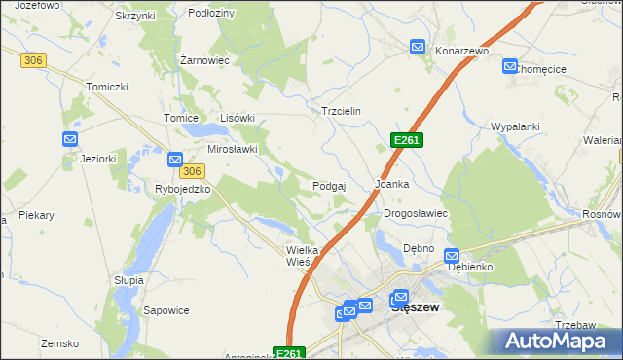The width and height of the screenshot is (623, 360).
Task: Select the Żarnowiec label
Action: coord(204,60)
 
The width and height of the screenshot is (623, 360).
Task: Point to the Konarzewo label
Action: coord(460,51)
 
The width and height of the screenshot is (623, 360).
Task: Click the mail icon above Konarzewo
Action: coord(418,46)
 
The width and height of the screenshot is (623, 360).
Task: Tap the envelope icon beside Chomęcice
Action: coord(510,66)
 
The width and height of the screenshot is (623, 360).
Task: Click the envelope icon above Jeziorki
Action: coord(70,139)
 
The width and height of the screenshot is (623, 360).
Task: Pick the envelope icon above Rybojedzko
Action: coord(175,160)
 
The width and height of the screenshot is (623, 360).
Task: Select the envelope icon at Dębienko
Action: coord(452,256)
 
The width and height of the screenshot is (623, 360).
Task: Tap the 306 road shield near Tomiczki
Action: coord(33,60)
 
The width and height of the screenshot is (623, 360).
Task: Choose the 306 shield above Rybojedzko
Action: coord(193,171)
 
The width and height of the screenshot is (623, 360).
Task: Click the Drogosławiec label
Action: coord(415,213)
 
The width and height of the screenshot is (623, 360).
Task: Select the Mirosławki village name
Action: coord(233,149)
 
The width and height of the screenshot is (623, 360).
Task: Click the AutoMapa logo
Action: coord(556,342)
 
